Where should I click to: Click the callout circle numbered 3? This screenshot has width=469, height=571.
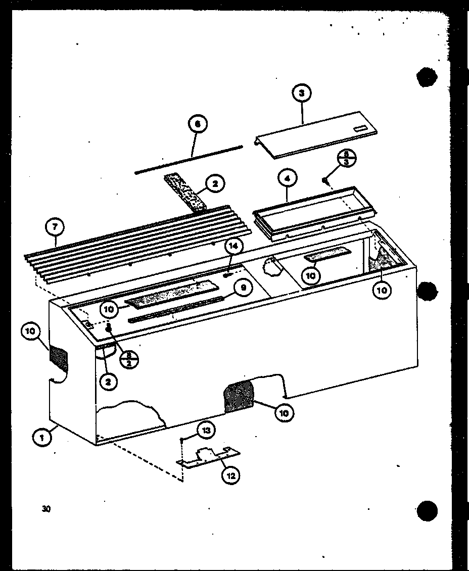(302, 93)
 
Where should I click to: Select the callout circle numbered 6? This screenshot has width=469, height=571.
(198, 124)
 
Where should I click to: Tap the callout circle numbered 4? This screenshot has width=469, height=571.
(287, 178)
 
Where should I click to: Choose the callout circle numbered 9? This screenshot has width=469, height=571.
(243, 288)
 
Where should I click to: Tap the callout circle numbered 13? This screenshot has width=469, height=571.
(205, 431)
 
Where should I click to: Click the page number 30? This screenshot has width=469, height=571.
(46, 509)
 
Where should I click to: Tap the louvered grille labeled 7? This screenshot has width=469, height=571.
(136, 243)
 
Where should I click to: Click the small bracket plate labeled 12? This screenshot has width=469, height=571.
(207, 457)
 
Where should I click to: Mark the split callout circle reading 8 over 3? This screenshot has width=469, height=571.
(347, 158)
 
